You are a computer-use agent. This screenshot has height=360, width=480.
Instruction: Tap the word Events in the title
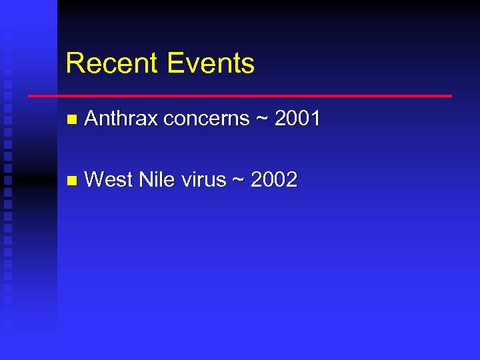pos(211,63)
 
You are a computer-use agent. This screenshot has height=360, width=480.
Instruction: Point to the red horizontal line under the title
pos(240,96)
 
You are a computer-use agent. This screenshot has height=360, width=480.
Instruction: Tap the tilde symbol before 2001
pos(261,119)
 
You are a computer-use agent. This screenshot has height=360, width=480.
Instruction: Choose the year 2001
pos(297,119)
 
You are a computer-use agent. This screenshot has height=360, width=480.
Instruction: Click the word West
pos(110,180)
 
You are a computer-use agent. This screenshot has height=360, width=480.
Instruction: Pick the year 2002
pos(274,180)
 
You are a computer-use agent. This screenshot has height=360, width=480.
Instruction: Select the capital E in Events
pos(175,63)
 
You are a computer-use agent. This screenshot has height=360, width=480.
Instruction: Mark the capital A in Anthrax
pos(92,119)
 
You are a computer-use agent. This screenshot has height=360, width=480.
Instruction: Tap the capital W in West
pos(95,180)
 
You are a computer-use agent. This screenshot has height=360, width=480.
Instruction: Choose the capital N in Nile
pos(145,180)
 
